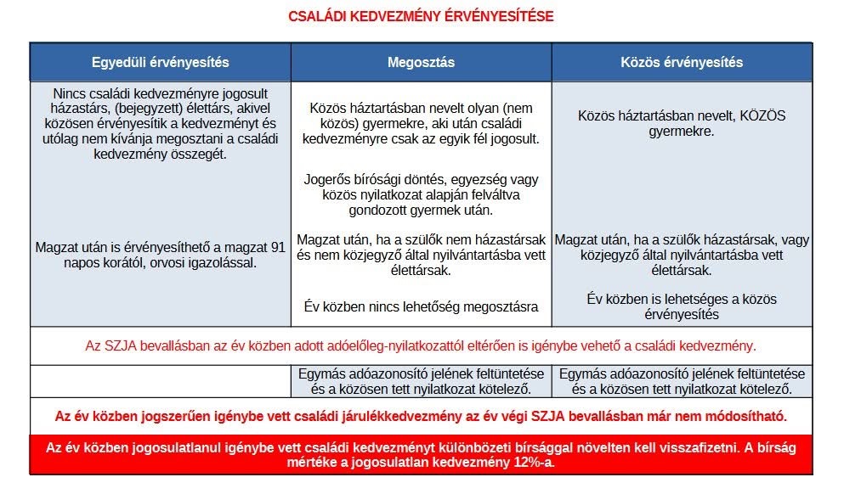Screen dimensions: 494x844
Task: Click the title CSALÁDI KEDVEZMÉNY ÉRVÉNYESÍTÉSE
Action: click(421, 16)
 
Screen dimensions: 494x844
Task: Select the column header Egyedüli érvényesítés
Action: click(160, 63)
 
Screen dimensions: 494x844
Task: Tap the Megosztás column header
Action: click(421, 63)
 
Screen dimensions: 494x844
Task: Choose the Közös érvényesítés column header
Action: click(682, 63)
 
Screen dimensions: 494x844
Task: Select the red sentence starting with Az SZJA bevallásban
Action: click(421, 346)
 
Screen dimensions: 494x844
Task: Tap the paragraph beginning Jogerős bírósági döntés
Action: click(421, 194)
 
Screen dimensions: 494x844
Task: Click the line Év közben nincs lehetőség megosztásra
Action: click(421, 307)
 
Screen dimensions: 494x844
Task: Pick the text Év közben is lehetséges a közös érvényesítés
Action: click(682, 306)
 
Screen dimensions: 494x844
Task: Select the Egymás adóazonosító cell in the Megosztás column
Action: click(421, 381)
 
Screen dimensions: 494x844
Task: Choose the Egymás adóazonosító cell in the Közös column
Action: click(682, 381)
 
